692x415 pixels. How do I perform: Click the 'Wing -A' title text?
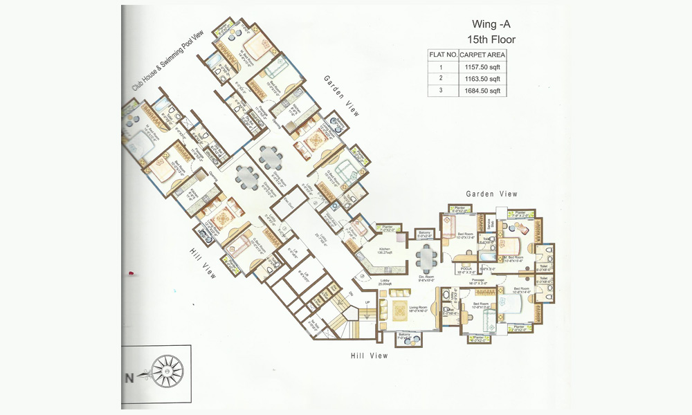click(x=491, y=24)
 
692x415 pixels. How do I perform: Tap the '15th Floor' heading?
click(x=491, y=39)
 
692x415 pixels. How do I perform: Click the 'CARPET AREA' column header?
click(x=483, y=55)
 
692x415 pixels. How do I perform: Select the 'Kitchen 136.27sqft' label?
click(x=385, y=252)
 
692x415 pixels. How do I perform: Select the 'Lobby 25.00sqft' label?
click(x=385, y=282)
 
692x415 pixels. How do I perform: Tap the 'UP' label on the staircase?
click(x=369, y=303)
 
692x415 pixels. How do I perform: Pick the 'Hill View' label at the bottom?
click(x=369, y=356)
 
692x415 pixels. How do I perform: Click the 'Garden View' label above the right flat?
click(x=491, y=194)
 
